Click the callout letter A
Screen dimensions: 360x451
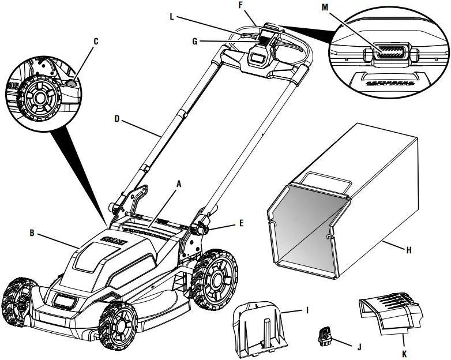coord(179,184)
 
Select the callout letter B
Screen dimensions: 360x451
coord(33,234)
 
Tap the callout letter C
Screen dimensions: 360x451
coord(96,42)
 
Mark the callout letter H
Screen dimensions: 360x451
coord(408,250)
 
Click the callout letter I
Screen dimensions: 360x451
coord(307,310)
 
